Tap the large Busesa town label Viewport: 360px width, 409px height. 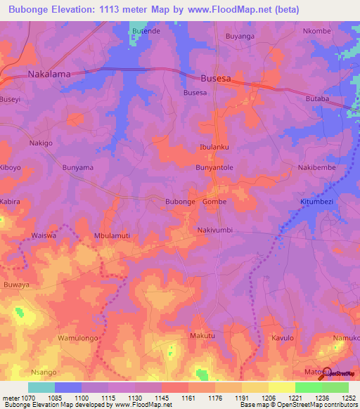(x=216, y=79)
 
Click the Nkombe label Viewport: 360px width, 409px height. (x=316, y=32)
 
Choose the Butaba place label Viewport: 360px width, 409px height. (x=317, y=99)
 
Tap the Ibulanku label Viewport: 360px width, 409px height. (x=215, y=147)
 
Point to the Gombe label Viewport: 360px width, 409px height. (x=214, y=202)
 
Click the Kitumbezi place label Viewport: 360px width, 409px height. (x=320, y=202)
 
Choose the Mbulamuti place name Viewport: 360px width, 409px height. (x=112, y=237)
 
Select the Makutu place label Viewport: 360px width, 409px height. (x=202, y=337)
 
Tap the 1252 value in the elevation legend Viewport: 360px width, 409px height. (x=349, y=396)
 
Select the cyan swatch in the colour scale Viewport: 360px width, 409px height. (x=41, y=387)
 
